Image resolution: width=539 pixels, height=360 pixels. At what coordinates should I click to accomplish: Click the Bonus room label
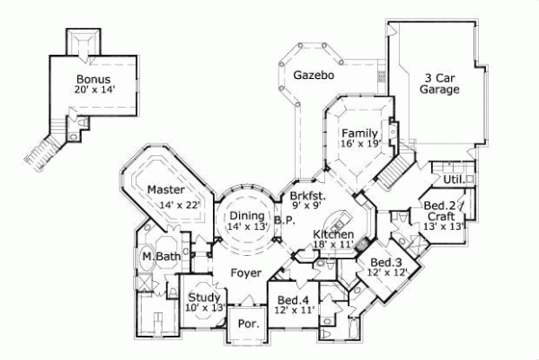pyautogui.click(x=93, y=78)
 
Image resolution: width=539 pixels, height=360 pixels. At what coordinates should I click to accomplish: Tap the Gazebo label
pyautogui.click(x=314, y=75)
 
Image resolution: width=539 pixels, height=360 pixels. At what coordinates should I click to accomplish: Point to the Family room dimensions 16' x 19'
pyautogui.click(x=360, y=144)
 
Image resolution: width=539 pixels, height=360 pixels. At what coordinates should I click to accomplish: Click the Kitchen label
pyautogui.click(x=333, y=235)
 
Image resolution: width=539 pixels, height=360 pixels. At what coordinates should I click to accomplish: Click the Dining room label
pyautogui.click(x=246, y=215)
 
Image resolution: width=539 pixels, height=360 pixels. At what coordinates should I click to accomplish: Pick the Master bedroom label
pyautogui.click(x=166, y=190)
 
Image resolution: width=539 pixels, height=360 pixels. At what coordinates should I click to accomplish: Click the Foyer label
pyautogui.click(x=246, y=272)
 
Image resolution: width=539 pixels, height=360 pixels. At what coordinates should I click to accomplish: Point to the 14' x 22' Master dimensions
pyautogui.click(x=180, y=206)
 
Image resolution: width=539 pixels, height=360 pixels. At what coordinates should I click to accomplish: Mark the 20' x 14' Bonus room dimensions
pyautogui.click(x=94, y=90)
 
